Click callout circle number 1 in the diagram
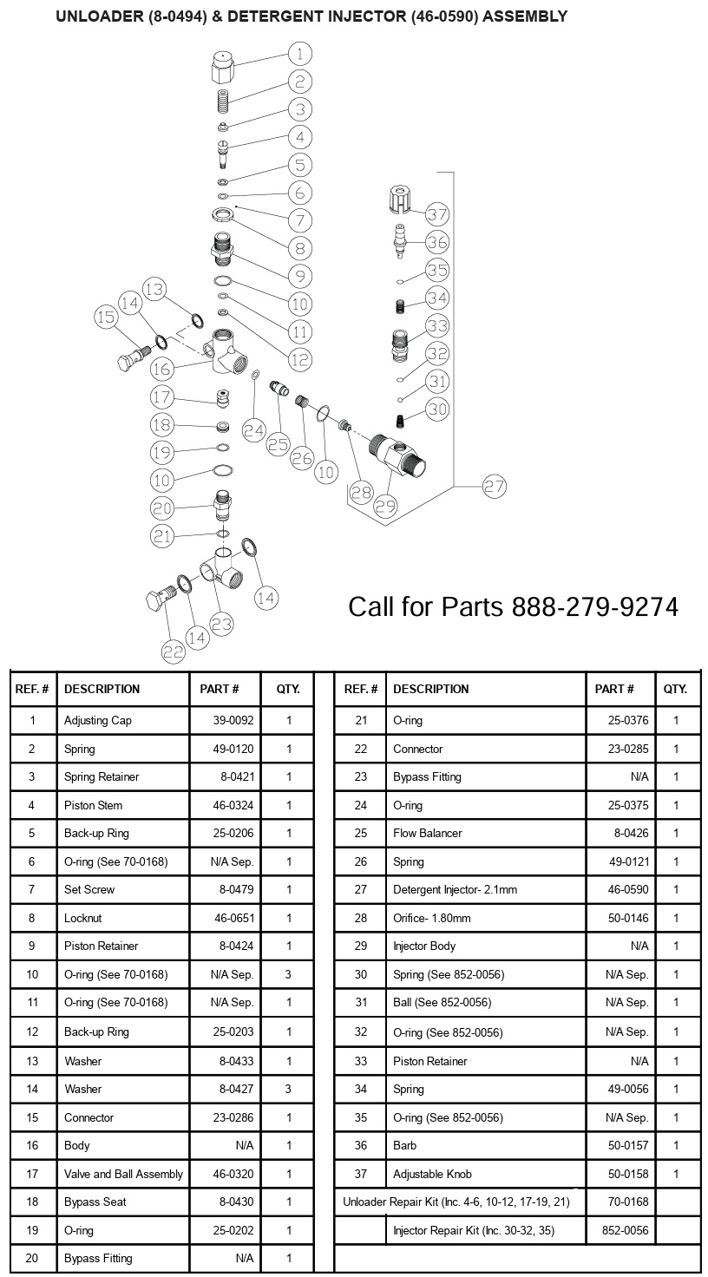[299, 55]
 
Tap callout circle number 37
[436, 214]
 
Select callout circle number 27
[494, 487]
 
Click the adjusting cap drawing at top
[223, 67]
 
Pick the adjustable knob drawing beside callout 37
[399, 201]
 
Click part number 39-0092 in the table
[233, 720]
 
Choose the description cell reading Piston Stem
[93, 805]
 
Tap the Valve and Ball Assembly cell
[123, 1174]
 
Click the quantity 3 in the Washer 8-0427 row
[288, 1089]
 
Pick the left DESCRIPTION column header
[102, 689]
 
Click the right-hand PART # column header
[614, 689]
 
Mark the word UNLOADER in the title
[95, 16]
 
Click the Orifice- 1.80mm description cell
[431, 918]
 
